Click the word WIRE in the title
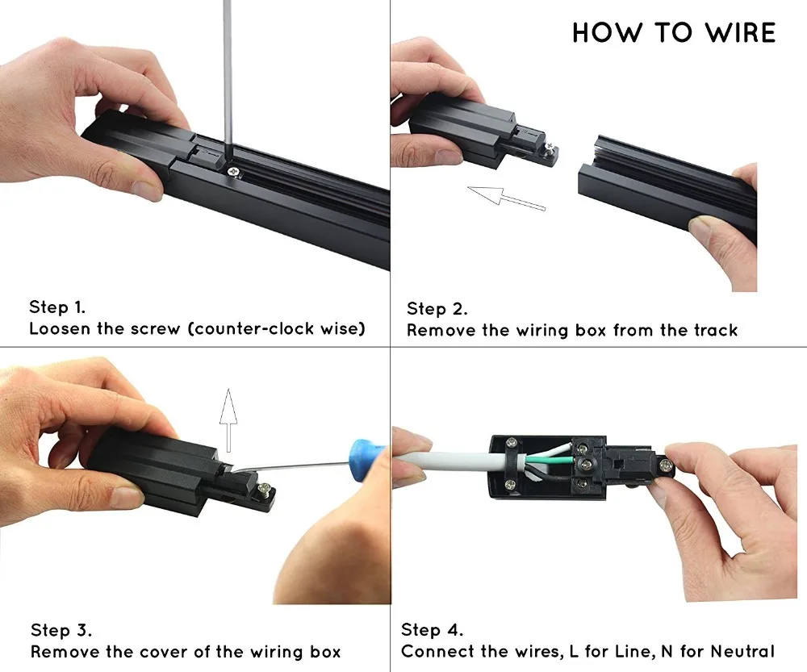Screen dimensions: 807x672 (741, 32)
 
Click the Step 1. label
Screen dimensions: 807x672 (57, 307)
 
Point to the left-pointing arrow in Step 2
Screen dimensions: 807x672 (507, 198)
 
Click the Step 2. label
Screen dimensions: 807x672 (437, 309)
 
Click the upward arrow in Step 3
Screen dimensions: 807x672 (228, 420)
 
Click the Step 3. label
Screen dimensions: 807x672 (61, 630)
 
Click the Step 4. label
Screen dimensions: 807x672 (432, 630)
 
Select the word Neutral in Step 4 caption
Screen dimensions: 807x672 (742, 651)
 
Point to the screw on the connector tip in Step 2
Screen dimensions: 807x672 (551, 148)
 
